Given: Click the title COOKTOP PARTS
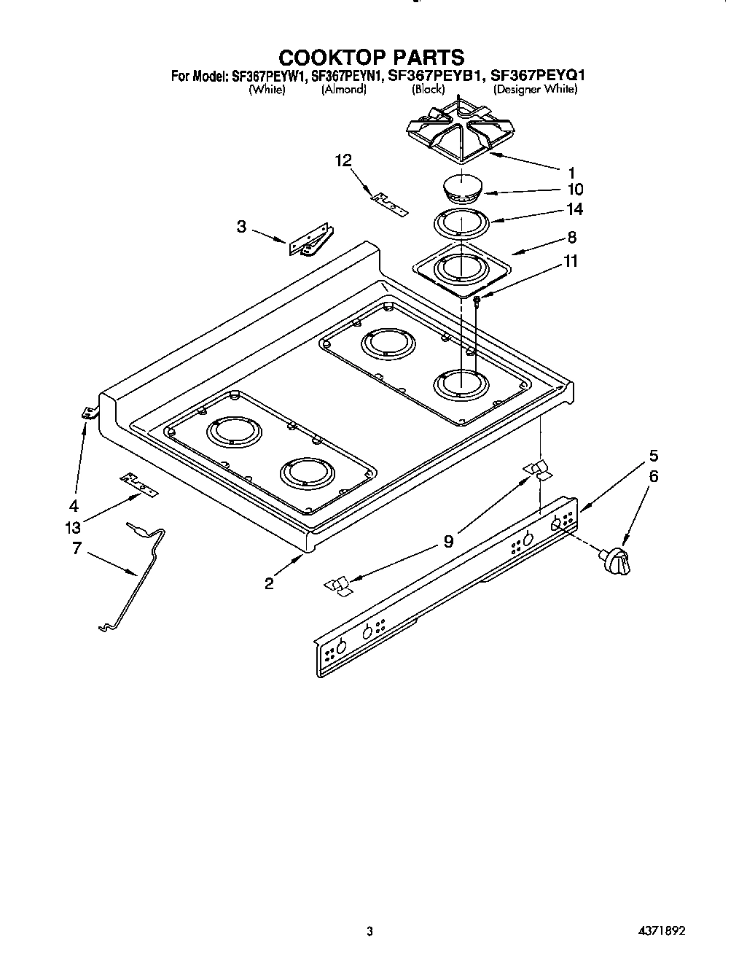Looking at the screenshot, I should (x=372, y=57).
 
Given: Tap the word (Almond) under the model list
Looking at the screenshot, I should (x=343, y=90).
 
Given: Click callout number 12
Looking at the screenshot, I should (x=344, y=161).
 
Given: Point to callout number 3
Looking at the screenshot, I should (x=241, y=227).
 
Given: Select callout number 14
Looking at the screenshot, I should (x=575, y=209).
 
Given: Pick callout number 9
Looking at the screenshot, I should (x=448, y=541).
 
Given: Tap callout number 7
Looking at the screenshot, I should (x=77, y=548).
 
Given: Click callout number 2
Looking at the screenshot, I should (x=270, y=583).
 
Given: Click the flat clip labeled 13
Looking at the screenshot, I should (x=138, y=484).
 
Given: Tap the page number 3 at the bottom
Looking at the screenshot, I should (x=370, y=930).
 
